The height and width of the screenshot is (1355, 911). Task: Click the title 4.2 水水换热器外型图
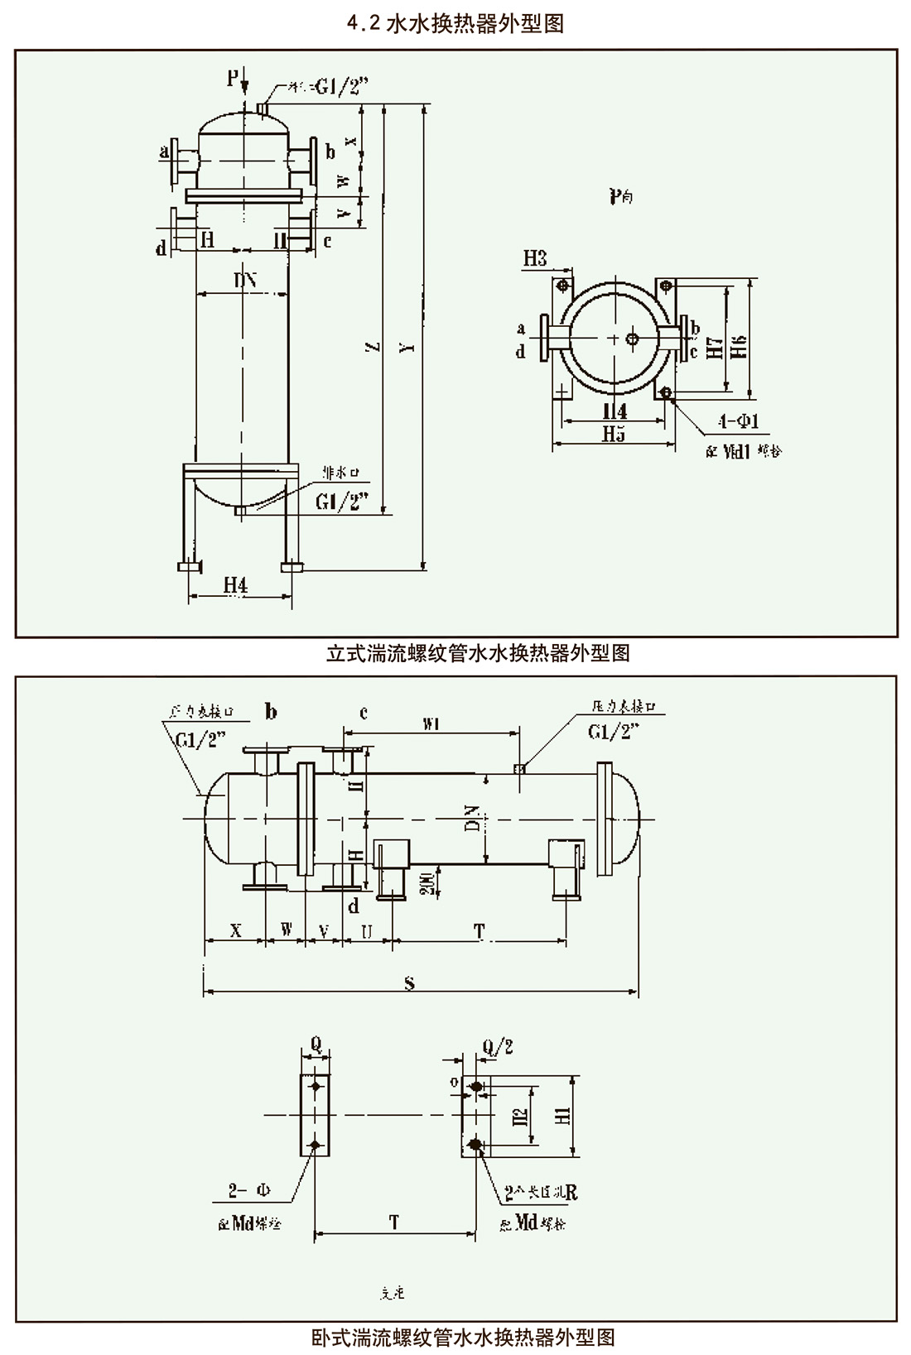tap(455, 24)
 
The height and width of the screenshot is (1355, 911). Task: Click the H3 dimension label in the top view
tap(535, 259)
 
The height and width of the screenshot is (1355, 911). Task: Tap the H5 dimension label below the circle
tap(614, 434)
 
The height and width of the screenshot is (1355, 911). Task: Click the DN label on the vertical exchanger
tap(244, 281)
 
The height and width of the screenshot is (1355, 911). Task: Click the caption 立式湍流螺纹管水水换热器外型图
tap(478, 653)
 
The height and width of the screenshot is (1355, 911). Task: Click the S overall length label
tap(409, 983)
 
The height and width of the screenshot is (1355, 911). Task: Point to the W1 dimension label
tap(431, 725)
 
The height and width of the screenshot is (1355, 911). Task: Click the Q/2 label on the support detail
tap(497, 1047)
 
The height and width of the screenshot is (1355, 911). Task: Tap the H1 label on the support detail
tap(563, 1115)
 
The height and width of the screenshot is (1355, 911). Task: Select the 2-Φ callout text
tap(250, 1192)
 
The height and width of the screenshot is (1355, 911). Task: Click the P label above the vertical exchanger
tap(233, 78)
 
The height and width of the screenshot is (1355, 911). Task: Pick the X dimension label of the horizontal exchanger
tap(235, 930)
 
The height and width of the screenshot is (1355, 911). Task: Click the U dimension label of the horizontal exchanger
tap(367, 930)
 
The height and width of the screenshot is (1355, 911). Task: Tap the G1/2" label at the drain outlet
tap(341, 502)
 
